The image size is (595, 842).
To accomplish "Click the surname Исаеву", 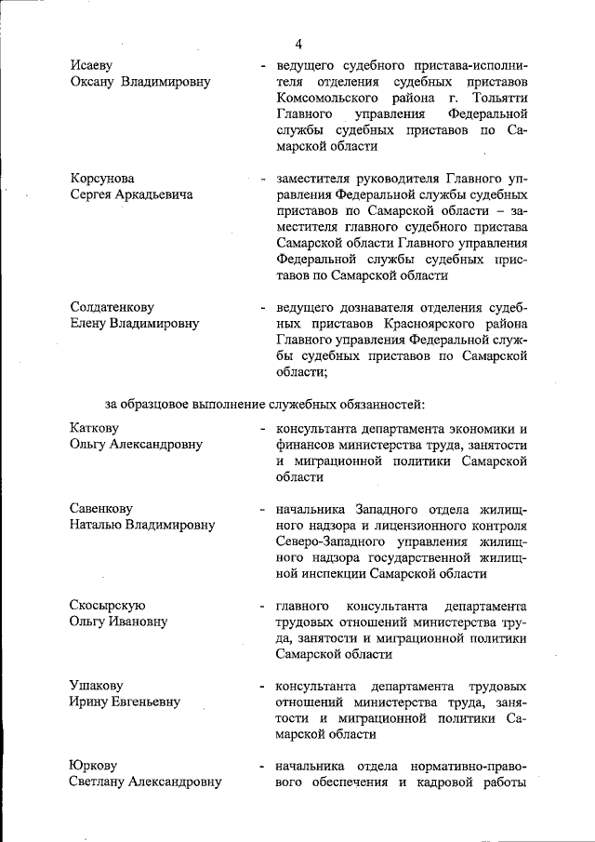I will click(92, 66).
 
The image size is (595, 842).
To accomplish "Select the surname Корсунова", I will click(102, 178).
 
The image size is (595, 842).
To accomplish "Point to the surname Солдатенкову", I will click(112, 307).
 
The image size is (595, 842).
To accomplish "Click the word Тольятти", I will click(500, 98).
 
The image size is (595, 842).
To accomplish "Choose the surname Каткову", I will click(99, 428).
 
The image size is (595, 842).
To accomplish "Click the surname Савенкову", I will click(101, 508).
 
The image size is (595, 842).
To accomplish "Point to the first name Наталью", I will click(98, 525).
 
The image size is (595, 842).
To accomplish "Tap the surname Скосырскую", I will click(108, 605).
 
